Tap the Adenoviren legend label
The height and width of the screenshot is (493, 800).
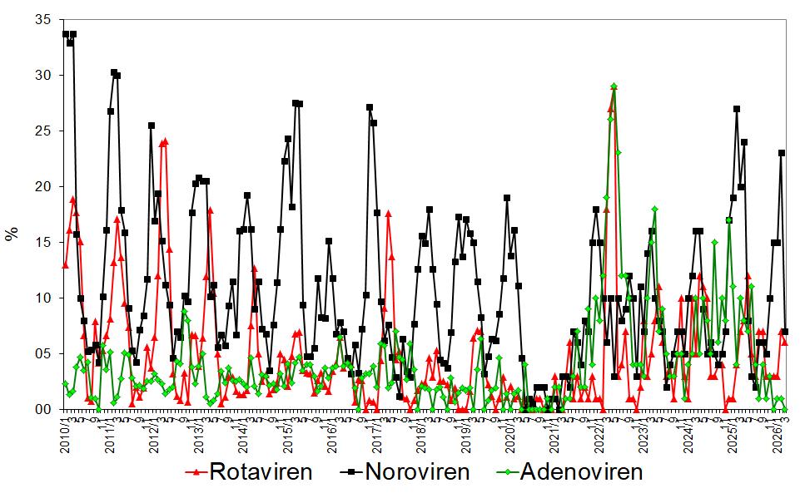click(x=582, y=472)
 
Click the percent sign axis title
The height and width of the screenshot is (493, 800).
click(x=12, y=234)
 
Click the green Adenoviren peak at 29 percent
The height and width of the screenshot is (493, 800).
click(x=614, y=86)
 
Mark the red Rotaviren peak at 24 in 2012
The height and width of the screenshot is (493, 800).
click(x=166, y=141)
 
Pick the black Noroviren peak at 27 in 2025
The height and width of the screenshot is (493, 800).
click(x=737, y=109)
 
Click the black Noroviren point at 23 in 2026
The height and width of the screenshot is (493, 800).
click(x=781, y=153)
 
